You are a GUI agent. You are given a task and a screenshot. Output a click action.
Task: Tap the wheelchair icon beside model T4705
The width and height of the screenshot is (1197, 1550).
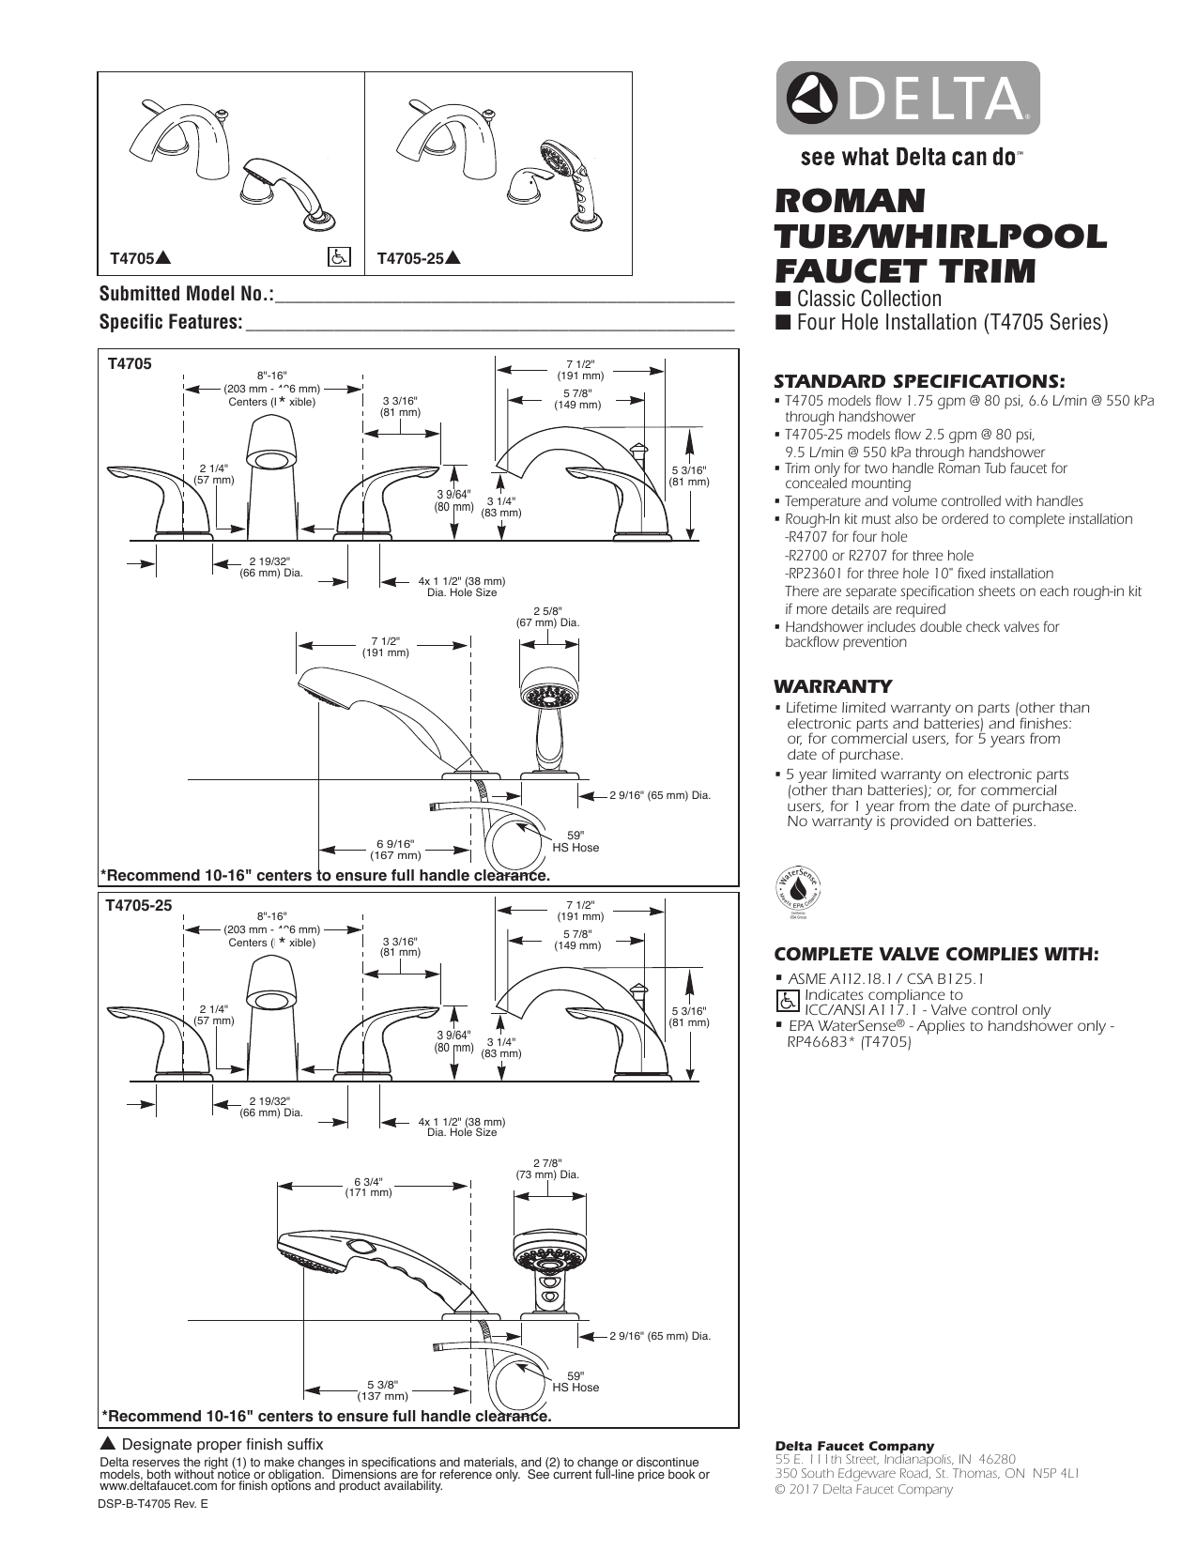click(x=338, y=256)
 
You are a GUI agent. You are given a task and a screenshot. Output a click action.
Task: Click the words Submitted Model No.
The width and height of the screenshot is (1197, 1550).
click(x=187, y=295)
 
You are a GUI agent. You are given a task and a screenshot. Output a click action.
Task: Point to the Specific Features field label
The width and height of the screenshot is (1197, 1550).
click(x=171, y=322)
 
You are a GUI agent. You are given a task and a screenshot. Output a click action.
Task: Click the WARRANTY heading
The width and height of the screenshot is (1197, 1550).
click(x=833, y=686)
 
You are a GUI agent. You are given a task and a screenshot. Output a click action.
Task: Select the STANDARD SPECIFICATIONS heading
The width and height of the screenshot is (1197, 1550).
click(x=919, y=381)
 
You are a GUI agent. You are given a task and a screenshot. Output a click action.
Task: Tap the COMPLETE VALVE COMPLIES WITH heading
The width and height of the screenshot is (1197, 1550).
click(x=935, y=954)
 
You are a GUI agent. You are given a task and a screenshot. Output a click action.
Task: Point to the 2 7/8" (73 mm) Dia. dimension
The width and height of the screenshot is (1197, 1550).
click(x=547, y=1169)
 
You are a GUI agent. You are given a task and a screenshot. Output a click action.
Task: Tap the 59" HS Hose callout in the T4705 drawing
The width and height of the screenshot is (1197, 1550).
click(x=575, y=841)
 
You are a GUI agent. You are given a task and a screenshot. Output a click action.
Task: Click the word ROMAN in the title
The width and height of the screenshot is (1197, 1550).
click(x=850, y=201)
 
